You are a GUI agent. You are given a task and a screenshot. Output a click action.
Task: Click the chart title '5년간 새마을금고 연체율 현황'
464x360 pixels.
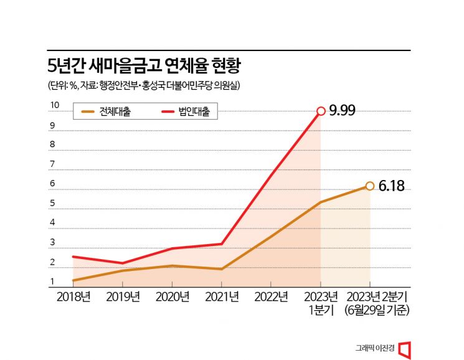tap(144, 65)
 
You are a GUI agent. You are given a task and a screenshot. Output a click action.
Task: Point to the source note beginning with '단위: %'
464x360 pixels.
tap(144, 85)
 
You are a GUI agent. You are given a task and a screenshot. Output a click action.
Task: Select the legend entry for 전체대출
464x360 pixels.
tap(107, 112)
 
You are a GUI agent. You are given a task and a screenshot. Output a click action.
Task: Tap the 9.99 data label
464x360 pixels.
tap(342, 111)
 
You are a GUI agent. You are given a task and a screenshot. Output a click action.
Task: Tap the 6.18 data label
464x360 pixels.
tap(391, 186)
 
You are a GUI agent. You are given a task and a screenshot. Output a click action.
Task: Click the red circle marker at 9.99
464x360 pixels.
tap(321, 111)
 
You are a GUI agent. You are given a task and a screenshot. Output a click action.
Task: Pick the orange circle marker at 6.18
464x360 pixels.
tap(370, 186)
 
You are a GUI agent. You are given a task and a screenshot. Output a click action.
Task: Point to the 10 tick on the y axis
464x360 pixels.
tap(54, 106)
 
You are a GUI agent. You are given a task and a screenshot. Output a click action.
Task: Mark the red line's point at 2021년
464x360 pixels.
tap(222, 244)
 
